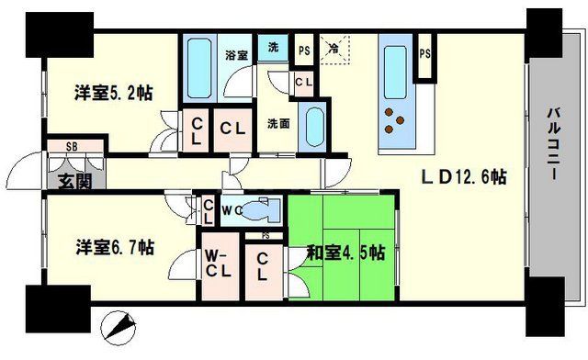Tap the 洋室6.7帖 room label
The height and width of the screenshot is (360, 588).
(x=114, y=246)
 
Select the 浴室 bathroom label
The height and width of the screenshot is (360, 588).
(x=236, y=55)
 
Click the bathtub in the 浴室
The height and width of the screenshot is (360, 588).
(x=198, y=68)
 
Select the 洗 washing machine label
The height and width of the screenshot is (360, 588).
(x=273, y=48)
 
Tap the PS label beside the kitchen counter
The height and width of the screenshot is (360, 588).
(x=424, y=53)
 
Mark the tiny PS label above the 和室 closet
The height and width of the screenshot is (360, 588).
(x=265, y=236)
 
